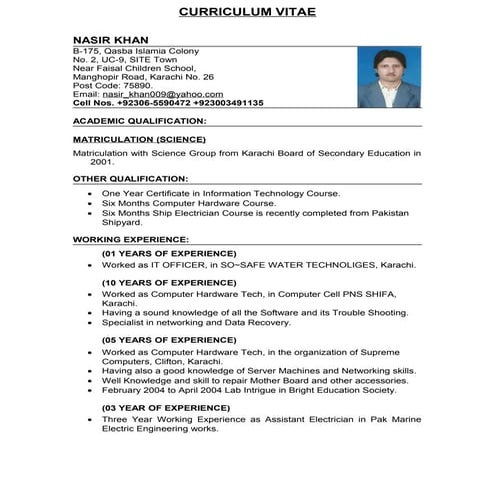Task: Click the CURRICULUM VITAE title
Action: click(x=247, y=13)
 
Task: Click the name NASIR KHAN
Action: click(x=104, y=39)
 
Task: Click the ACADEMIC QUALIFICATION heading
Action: click(x=139, y=121)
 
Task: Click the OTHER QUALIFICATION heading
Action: click(x=130, y=178)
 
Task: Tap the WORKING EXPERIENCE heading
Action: click(x=130, y=240)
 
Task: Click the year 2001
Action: click(x=102, y=161)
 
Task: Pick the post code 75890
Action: click(x=136, y=84)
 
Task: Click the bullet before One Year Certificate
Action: click(x=91, y=192)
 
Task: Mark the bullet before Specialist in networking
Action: click(x=91, y=323)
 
